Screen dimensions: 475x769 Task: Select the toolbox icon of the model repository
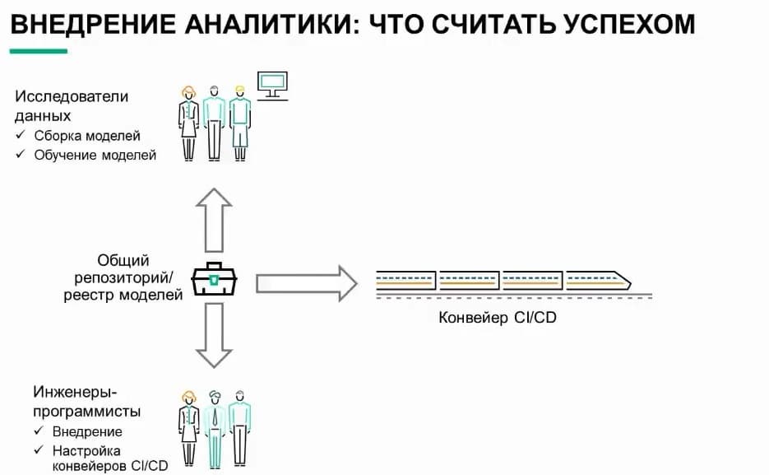pyautogui.click(x=215, y=281)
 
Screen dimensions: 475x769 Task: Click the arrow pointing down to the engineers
pyautogui.click(x=215, y=334)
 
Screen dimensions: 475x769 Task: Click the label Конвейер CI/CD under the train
pyautogui.click(x=498, y=317)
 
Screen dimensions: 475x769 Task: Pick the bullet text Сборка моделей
pyautogui.click(x=87, y=136)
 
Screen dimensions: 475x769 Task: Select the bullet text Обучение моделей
pyautogui.click(x=95, y=155)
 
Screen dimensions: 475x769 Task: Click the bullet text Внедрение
pyautogui.click(x=86, y=431)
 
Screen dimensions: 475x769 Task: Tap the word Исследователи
pyautogui.click(x=72, y=96)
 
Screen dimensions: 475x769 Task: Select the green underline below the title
pyautogui.click(x=38, y=51)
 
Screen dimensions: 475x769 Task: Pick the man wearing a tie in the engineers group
pyautogui.click(x=215, y=429)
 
